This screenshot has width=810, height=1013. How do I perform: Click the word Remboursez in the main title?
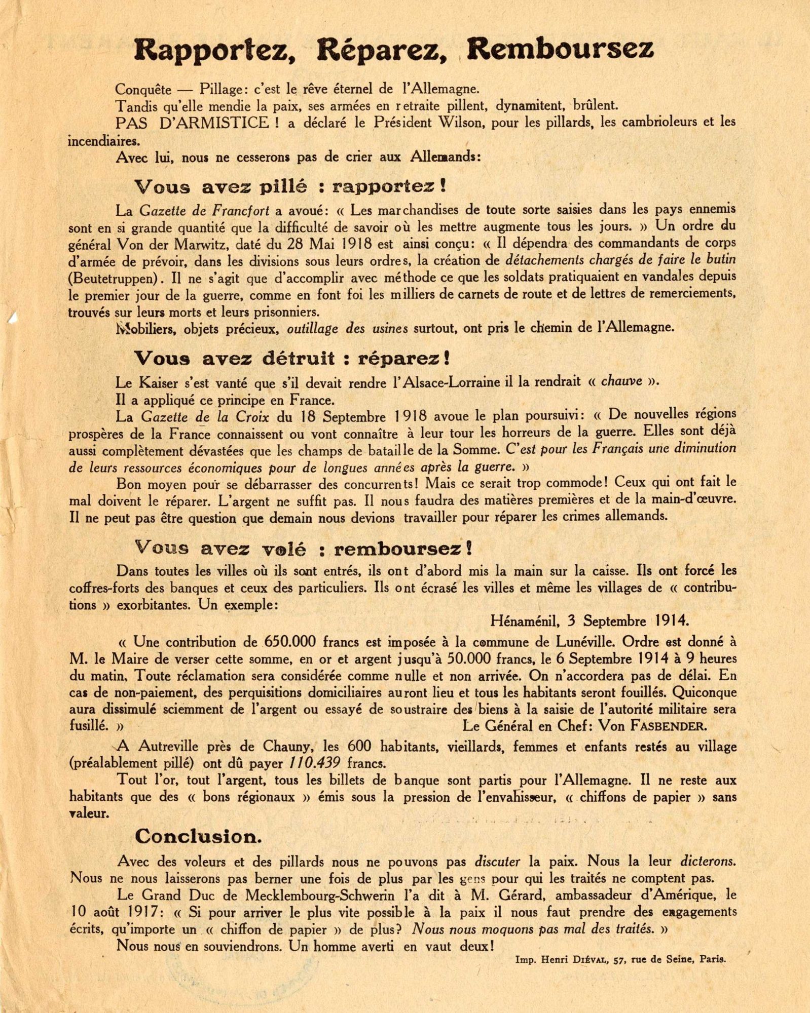click(560, 50)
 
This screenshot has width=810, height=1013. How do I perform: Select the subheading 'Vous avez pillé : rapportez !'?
click(291, 187)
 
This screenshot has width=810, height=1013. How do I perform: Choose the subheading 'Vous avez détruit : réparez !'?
click(292, 359)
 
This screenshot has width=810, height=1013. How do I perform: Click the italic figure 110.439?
click(314, 763)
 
